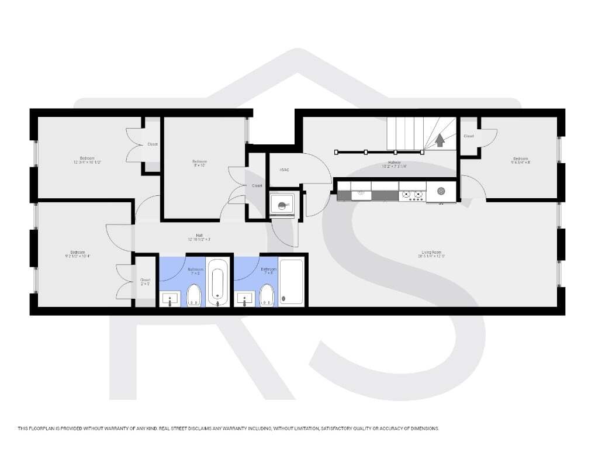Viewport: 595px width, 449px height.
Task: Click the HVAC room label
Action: tap(285, 170)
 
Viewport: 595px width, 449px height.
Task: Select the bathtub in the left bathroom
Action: tap(217, 282)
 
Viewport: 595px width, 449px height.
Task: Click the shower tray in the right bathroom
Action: tap(292, 282)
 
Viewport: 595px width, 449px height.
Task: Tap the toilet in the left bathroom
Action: tap(193, 295)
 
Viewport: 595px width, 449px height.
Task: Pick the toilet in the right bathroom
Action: tap(267, 295)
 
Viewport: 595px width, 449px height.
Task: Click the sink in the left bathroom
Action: tap(170, 298)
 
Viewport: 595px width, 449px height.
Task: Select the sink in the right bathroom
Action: tap(244, 298)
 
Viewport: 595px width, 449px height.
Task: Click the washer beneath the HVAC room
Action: tap(283, 205)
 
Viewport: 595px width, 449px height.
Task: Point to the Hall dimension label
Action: tap(199, 237)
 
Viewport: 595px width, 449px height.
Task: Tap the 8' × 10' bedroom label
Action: tap(199, 163)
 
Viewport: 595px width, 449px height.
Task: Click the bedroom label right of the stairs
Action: tap(520, 160)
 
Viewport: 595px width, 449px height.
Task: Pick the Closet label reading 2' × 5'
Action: tap(145, 282)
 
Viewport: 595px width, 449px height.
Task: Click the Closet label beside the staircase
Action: tap(469, 136)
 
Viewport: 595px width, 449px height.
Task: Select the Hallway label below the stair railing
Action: tap(394, 164)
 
